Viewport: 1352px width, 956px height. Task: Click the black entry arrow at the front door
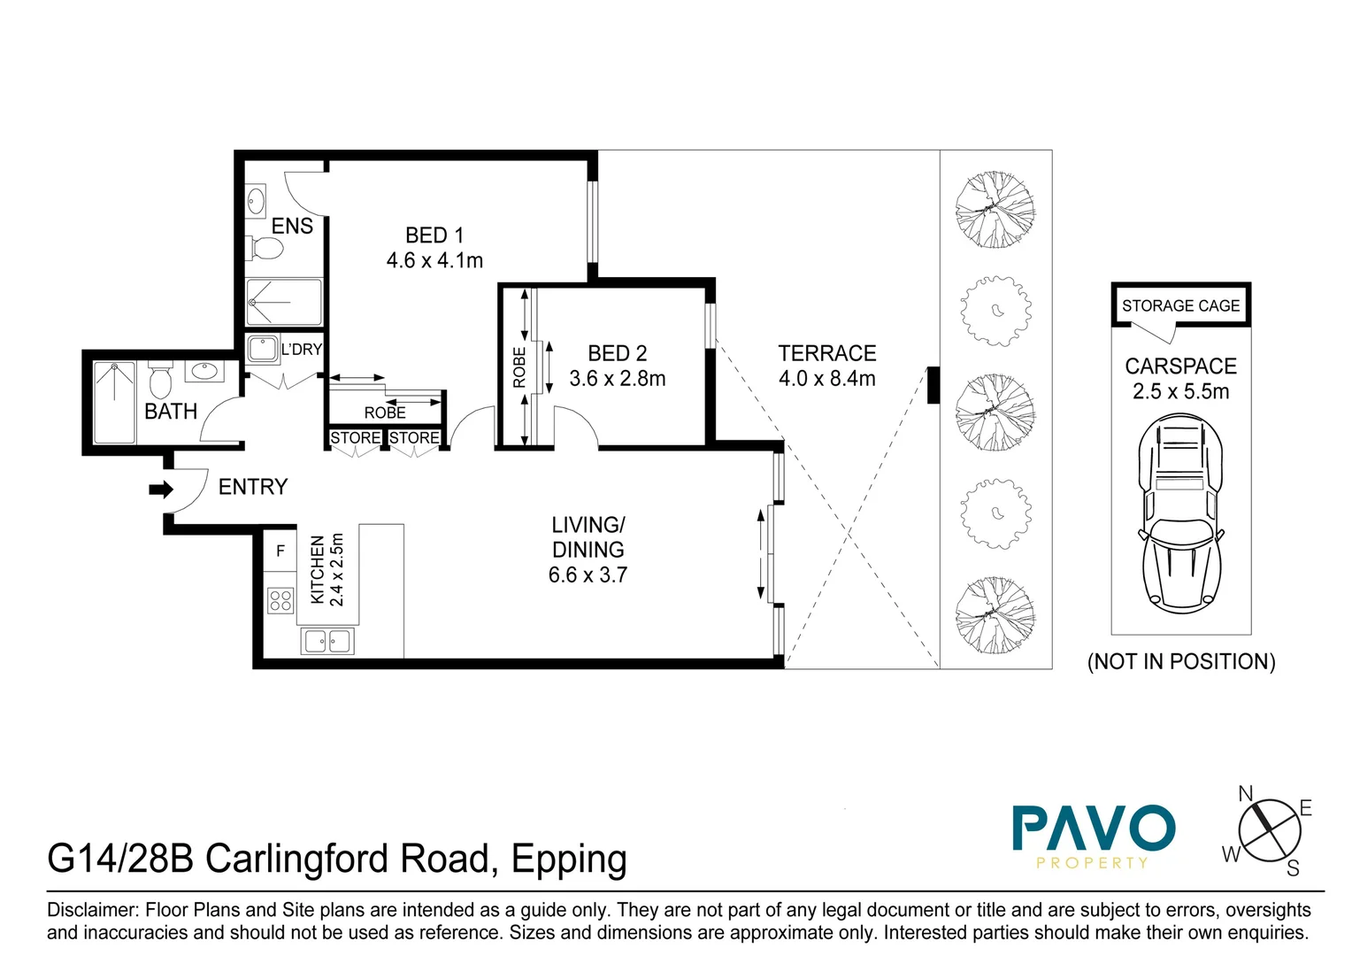(160, 490)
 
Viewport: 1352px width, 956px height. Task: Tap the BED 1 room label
(434, 235)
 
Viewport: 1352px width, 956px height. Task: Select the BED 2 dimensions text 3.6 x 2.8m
(617, 379)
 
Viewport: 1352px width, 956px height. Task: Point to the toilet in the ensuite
(265, 248)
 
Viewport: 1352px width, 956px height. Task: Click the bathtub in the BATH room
(114, 402)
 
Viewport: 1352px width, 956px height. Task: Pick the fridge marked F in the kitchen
(280, 551)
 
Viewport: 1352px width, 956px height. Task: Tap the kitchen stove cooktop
(280, 601)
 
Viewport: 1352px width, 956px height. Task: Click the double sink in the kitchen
(327, 640)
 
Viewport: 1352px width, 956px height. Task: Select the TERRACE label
(826, 353)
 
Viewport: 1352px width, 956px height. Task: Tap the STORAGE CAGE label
(1180, 306)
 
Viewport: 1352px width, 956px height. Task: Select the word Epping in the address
(569, 860)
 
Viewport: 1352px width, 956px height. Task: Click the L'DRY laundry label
(301, 350)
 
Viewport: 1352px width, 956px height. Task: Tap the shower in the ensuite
(283, 302)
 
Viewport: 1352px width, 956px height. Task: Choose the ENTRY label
(253, 487)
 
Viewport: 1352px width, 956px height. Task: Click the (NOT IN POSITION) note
(1180, 662)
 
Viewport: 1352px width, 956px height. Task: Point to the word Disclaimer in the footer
(92, 910)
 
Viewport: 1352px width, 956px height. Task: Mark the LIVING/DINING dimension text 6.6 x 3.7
(588, 575)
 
